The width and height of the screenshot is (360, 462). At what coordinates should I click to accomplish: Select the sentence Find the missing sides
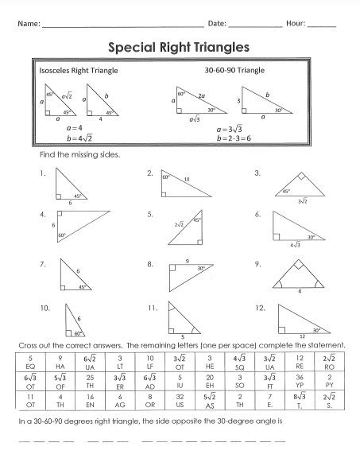[79, 155]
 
